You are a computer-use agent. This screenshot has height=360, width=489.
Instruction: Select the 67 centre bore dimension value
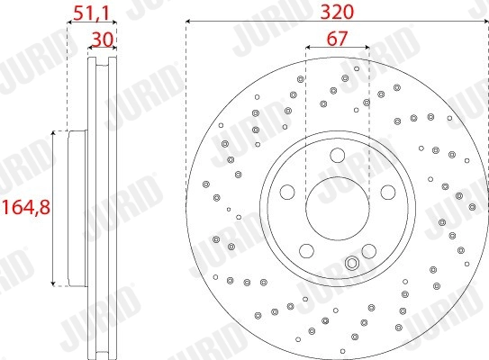click(x=337, y=38)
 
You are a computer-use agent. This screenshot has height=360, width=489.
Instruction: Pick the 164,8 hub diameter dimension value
click(x=25, y=206)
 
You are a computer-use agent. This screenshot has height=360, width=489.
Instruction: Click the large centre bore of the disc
click(x=338, y=207)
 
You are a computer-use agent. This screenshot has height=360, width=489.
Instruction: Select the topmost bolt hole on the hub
click(x=338, y=156)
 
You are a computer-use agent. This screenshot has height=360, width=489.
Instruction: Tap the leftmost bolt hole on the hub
click(x=287, y=192)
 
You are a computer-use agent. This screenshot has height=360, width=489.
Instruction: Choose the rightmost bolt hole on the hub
click(x=388, y=192)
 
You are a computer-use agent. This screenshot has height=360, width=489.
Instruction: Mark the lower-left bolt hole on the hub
click(x=306, y=249)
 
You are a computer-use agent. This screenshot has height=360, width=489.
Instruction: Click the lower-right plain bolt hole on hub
click(x=368, y=249)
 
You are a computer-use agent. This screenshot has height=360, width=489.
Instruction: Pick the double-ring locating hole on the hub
click(x=353, y=264)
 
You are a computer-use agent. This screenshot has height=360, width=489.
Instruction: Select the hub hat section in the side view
click(x=78, y=207)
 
